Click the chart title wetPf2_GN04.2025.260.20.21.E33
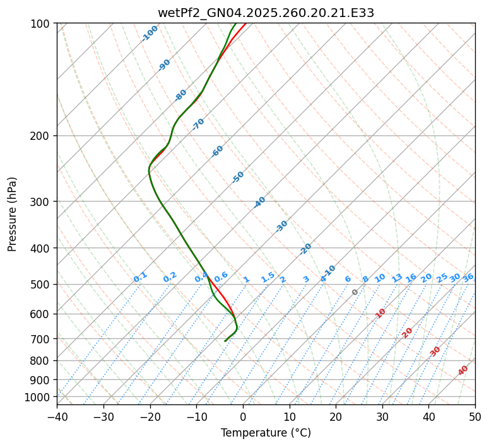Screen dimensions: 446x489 click(266, 13)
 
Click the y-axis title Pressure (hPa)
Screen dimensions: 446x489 click(13, 214)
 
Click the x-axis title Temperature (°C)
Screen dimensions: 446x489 click(266, 433)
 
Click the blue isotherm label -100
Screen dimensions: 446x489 click(150, 33)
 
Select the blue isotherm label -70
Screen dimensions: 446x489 click(198, 124)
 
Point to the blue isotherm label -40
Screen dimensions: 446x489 click(259, 202)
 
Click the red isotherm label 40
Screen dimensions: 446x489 click(463, 370)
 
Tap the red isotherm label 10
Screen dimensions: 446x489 click(380, 313)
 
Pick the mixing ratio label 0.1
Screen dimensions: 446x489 click(140, 277)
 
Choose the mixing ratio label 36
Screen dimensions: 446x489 click(468, 277)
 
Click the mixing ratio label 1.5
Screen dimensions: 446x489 click(268, 277)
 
